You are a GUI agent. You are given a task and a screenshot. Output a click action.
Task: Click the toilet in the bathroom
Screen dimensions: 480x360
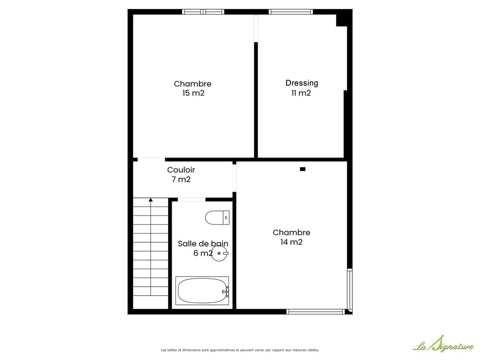[x=217, y=217]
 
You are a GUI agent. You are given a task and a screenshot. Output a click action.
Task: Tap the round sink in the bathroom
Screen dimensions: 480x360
[x=220, y=253]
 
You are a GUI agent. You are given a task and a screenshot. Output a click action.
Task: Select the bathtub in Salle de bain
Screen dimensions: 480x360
[x=202, y=291]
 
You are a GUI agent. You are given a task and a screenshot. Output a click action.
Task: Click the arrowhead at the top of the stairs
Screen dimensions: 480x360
[x=150, y=200]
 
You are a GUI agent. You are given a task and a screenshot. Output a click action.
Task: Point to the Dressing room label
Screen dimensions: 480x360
[x=302, y=83]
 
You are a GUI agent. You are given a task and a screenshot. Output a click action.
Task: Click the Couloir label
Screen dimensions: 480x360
[x=181, y=170]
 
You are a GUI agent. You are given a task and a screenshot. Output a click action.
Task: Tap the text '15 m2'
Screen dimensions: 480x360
[x=193, y=93]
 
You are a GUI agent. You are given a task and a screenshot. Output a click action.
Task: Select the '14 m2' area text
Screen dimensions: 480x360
[x=291, y=242]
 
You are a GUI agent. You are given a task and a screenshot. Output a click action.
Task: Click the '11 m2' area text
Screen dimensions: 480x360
[x=301, y=93]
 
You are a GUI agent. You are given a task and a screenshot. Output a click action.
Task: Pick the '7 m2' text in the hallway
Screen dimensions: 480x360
[x=181, y=179]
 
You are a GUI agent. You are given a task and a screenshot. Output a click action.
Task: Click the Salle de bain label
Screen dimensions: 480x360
[x=203, y=243]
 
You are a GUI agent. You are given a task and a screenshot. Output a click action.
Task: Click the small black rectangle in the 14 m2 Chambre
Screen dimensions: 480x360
[x=303, y=169]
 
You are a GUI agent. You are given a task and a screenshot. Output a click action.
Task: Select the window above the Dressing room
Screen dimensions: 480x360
[x=291, y=12]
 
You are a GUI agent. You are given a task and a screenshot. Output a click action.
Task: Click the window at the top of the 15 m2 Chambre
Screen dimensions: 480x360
[x=203, y=12]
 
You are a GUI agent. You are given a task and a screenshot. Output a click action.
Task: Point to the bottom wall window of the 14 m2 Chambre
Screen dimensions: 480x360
[x=315, y=311]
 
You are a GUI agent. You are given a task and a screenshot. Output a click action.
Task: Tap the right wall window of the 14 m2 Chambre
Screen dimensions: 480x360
[x=349, y=289]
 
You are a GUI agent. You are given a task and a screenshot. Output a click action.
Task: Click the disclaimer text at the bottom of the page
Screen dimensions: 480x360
[x=240, y=350]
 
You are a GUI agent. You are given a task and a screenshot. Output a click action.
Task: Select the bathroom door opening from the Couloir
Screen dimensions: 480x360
[x=192, y=199]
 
